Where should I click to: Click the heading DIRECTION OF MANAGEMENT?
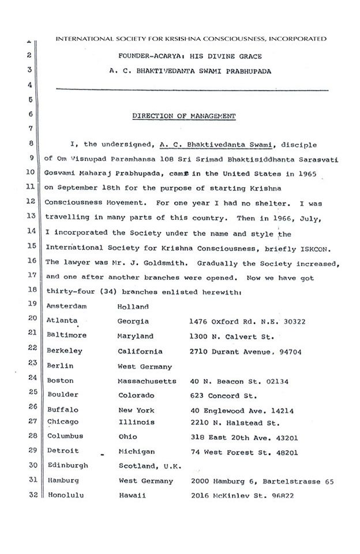tap(184, 115)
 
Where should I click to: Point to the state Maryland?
tap(136, 336)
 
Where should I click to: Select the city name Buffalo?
tap(62, 410)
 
